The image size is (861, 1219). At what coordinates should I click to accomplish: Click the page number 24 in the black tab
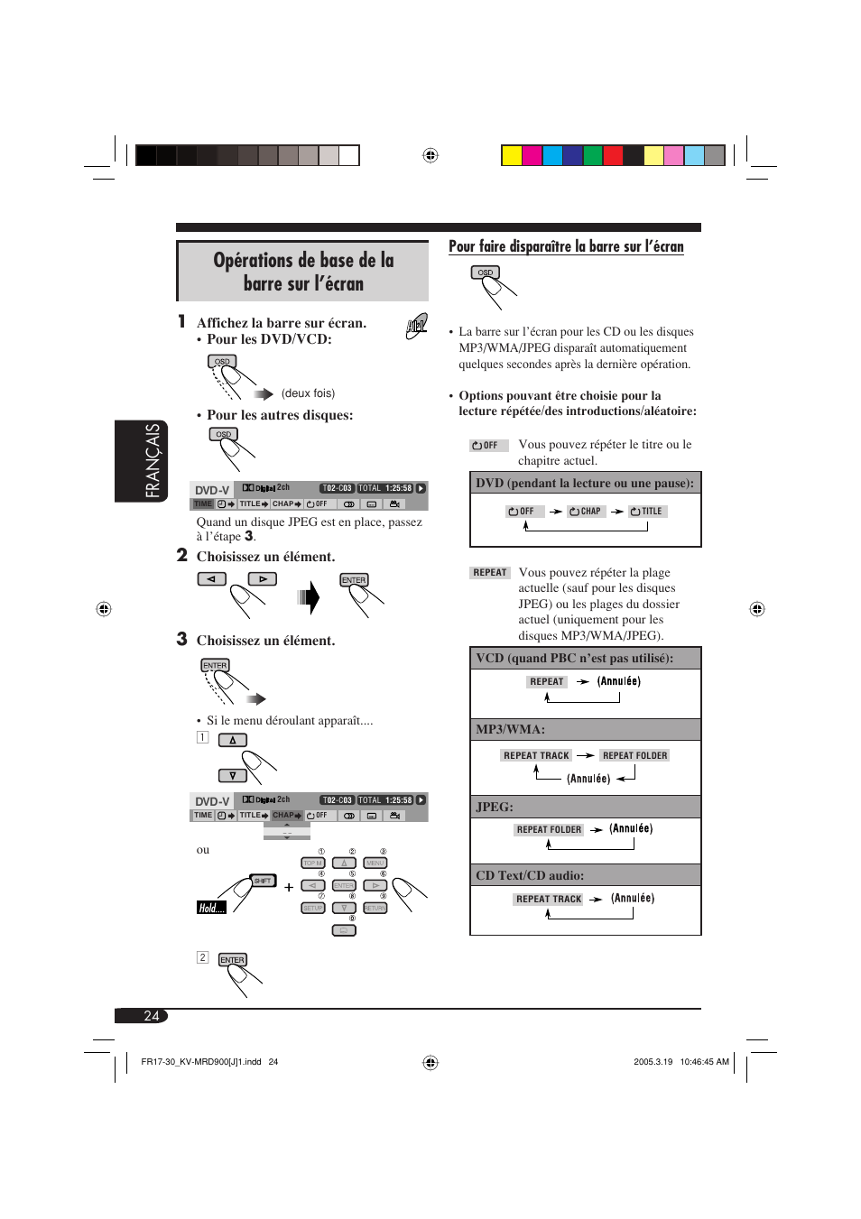151,1016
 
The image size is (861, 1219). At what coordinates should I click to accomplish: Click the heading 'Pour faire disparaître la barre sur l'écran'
566,246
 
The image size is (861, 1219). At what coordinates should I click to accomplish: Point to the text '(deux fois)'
308,393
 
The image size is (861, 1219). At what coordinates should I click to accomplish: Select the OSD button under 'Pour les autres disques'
223,434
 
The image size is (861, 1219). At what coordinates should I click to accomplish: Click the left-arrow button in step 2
211,579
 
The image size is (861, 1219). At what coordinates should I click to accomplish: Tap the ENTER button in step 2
354,580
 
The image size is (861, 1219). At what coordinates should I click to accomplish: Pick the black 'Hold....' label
211,908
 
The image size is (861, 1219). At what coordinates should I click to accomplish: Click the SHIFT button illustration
263,881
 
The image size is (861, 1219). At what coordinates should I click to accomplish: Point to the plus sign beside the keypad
289,887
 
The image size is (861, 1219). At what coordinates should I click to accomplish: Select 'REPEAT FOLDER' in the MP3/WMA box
634,755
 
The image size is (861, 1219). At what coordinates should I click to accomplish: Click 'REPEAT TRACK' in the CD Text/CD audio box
549,899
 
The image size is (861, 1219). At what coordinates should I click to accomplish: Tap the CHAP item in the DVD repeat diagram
586,511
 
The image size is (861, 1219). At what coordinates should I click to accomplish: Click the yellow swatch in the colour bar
512,155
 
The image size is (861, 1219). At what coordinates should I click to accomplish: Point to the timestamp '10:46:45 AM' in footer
704,1062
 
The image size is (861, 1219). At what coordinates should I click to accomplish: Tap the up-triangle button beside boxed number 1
232,740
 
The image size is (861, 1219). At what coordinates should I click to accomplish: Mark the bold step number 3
181,639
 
